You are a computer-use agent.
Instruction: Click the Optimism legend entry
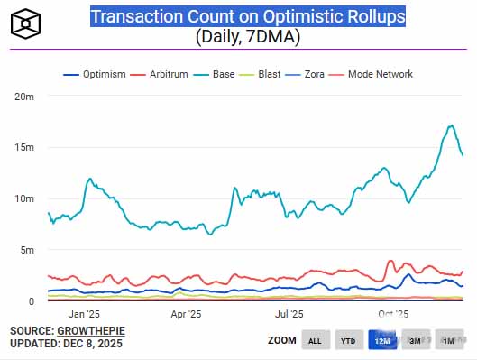(95, 74)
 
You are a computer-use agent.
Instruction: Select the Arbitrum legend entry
(159, 74)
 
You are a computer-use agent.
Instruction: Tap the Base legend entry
(214, 74)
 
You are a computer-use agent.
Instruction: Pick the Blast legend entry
(260, 74)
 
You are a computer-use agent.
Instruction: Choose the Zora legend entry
(305, 74)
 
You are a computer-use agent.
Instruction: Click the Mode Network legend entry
(371, 74)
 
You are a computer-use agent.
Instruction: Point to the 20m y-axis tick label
(24, 97)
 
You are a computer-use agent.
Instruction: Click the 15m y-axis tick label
(24, 147)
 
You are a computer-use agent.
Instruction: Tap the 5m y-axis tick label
(27, 250)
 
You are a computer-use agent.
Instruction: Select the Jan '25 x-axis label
(84, 314)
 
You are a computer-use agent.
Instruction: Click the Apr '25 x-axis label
(186, 314)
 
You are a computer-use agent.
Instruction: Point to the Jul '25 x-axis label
(289, 314)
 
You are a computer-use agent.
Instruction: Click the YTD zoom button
(349, 340)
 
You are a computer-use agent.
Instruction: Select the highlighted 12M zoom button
(382, 340)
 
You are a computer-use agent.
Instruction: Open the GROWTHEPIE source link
(91, 331)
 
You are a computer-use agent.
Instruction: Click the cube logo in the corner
(25, 23)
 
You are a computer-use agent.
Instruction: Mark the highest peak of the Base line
(452, 125)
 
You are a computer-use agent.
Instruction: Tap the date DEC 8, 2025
(93, 344)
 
